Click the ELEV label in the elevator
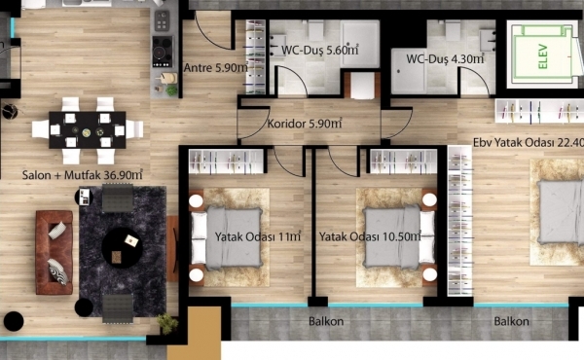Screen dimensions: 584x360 point(543,56)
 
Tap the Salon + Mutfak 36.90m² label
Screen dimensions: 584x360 point(83,174)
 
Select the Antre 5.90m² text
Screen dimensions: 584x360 point(216,68)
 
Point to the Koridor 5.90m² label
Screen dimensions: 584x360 point(305,124)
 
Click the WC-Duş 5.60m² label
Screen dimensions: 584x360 point(320,50)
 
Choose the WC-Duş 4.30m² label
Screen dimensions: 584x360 point(445,58)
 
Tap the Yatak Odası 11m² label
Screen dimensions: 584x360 point(258,236)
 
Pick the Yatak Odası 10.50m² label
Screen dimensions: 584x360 point(370,236)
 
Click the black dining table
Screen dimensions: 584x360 point(88,129)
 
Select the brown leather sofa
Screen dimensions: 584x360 point(55,252)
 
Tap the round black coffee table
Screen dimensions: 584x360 point(122,248)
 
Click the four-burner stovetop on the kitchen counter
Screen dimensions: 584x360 point(163,52)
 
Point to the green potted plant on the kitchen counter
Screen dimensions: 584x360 point(171,90)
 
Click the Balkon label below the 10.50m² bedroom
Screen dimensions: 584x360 point(326,321)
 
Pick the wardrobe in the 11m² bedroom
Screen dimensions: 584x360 point(227,162)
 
